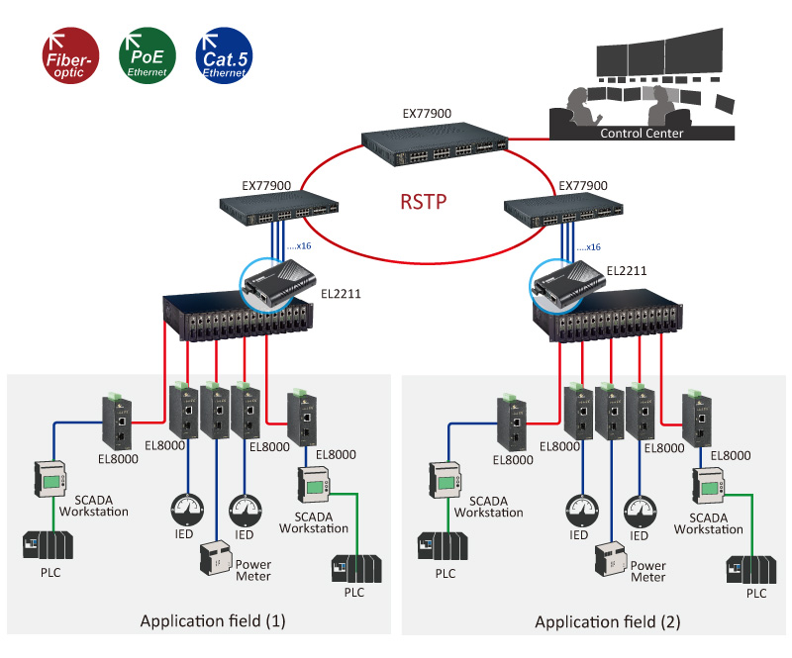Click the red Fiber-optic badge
pos(70,55)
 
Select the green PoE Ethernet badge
pos(147,55)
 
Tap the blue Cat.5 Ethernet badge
pos(224,55)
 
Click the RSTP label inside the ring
pos(424,202)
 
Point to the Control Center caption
pos(642,134)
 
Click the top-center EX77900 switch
pos(435,144)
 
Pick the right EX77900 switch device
pos(563,210)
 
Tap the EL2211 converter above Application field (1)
pos(279,282)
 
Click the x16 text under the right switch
pos(588,247)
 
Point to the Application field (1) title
pos(213,620)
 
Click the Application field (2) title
pos(608,621)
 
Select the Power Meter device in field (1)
pos(217,558)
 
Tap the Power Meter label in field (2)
pos(648,571)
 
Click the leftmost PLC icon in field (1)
pos(48,545)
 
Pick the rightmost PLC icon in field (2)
pos(751,570)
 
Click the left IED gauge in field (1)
pos(187,510)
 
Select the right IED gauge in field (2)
pos(640,512)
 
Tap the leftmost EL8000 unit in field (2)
pos(512,423)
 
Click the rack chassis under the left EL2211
pos(238,316)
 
